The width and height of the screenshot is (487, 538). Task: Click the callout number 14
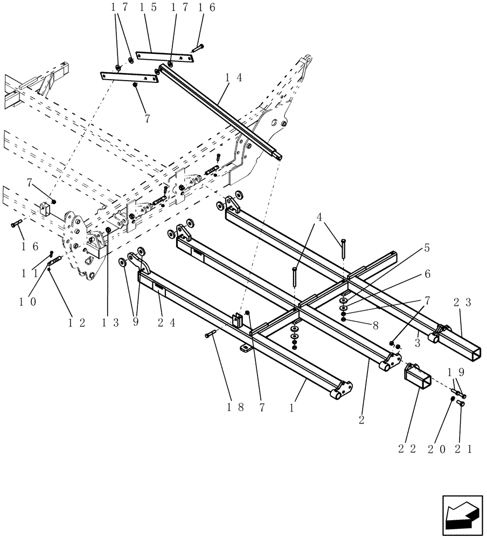233,77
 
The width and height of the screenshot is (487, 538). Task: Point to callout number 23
464,302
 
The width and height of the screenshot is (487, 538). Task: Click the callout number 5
427,249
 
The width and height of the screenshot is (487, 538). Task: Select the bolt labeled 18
211,335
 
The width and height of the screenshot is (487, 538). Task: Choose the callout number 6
427,274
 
